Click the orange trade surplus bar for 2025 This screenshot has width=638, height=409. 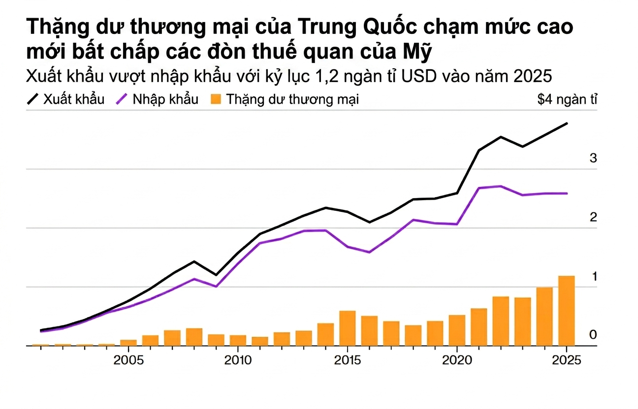pos(567,311)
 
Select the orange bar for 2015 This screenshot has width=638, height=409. pos(348,328)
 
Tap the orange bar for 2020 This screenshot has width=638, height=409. pos(457,330)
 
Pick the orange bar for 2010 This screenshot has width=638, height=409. pos(238,340)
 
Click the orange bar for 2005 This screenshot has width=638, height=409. pos(128,343)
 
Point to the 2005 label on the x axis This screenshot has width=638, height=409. pos(128,360)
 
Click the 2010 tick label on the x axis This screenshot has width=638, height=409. pos(238,360)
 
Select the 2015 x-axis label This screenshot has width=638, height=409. pos(348,360)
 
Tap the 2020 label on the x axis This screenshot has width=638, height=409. pos(457,360)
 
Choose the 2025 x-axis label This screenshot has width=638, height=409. pos(566,360)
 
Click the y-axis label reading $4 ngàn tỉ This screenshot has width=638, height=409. pos(567,100)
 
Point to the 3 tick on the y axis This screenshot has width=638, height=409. pos(593,158)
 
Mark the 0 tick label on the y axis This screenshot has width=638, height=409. pos(593,335)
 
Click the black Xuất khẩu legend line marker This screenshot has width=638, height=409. pos(32,99)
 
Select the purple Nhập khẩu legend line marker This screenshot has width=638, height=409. pos(122,99)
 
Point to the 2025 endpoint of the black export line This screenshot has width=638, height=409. pos(567,123)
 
